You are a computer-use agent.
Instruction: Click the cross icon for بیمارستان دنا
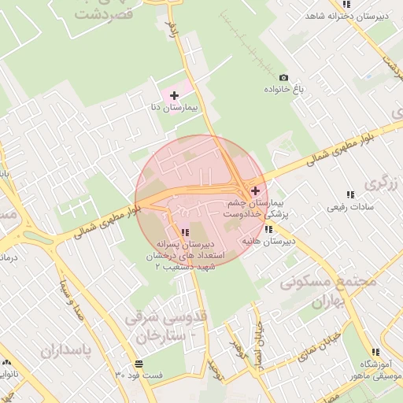[x=174, y=95]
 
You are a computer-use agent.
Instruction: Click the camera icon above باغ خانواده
[x=283, y=78]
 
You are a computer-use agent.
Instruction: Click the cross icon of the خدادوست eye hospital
[x=254, y=190]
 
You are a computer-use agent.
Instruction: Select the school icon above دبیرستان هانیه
[x=269, y=229]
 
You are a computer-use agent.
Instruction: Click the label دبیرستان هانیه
[x=268, y=240]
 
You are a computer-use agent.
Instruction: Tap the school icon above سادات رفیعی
[x=350, y=194]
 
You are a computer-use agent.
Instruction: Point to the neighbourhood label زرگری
[x=378, y=183]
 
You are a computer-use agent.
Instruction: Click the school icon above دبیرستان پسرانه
[x=185, y=231]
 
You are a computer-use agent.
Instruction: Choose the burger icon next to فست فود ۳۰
[x=139, y=364]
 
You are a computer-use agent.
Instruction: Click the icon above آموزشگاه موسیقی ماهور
[x=375, y=352]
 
